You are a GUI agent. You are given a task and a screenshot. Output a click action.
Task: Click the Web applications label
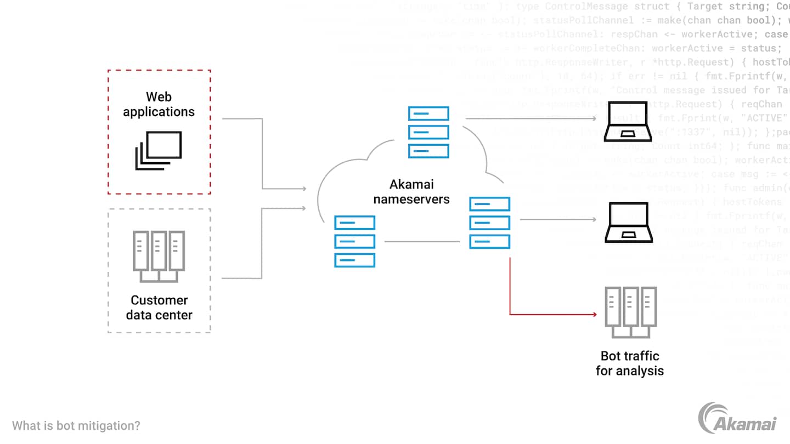(x=159, y=104)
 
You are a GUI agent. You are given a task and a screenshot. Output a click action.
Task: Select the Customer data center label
(x=159, y=308)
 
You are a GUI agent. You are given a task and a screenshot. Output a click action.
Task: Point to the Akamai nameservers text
(x=411, y=192)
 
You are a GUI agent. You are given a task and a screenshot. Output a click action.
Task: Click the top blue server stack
(x=428, y=132)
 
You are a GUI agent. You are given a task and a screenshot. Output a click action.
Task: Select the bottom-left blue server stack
(x=355, y=241)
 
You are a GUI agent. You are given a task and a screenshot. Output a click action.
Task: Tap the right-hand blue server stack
(x=490, y=223)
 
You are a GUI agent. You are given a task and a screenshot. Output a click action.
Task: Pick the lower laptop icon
(x=628, y=223)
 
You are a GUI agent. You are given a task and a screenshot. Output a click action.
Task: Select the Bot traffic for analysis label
(x=630, y=363)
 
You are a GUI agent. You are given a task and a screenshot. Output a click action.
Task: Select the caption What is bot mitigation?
(x=76, y=425)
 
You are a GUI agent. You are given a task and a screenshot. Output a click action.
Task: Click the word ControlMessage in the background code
(x=586, y=7)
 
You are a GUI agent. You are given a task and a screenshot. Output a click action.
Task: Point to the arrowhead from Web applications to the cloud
(x=303, y=189)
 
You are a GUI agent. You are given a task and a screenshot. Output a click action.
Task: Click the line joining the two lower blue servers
(x=422, y=241)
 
